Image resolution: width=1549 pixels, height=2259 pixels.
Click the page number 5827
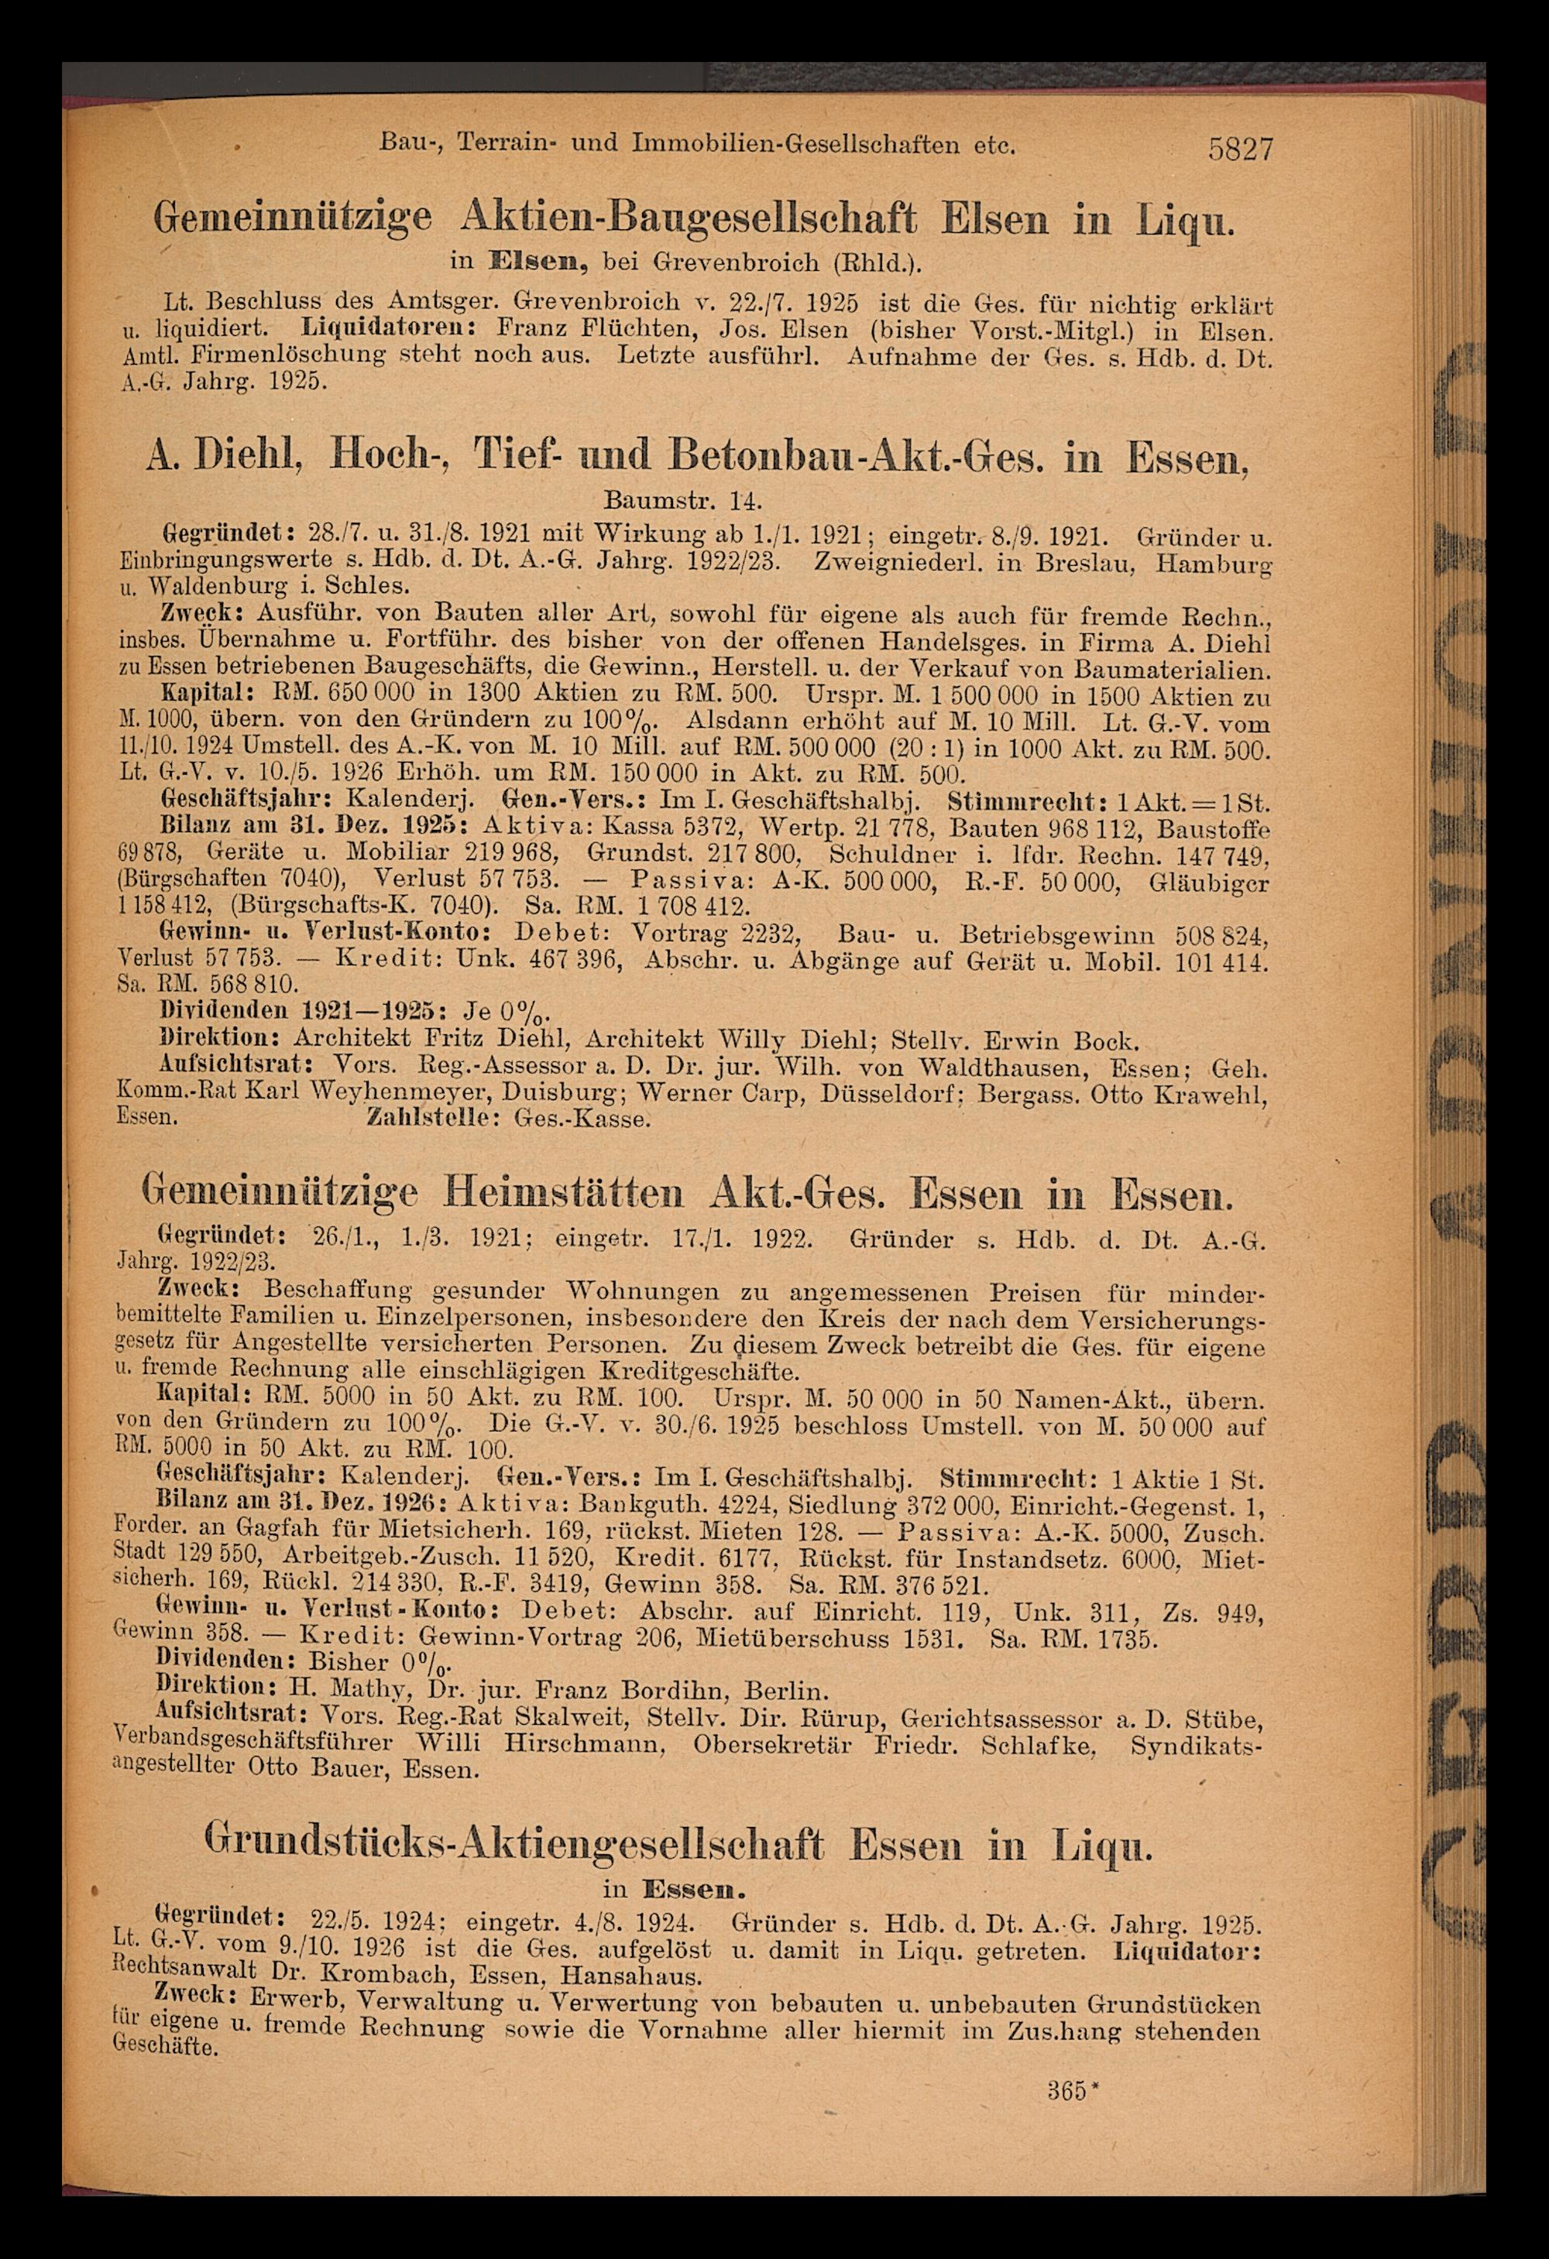[x=1240, y=149]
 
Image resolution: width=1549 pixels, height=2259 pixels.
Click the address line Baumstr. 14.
[x=678, y=499]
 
